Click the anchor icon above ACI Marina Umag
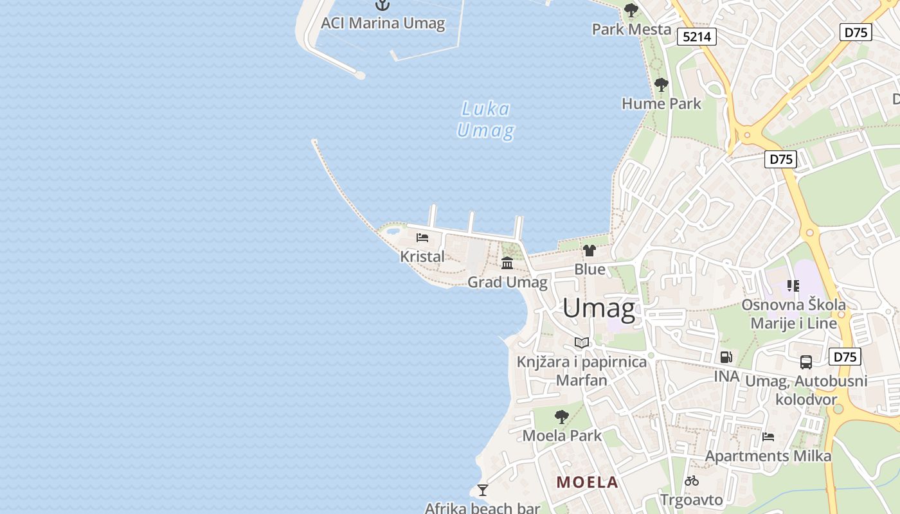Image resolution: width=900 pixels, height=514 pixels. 382,5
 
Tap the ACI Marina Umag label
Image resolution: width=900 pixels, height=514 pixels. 382,24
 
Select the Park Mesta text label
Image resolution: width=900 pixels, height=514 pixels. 631,30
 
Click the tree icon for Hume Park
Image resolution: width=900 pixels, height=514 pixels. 661,85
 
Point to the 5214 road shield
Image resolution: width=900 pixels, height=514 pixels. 697,37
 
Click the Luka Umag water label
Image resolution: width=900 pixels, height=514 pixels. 485,120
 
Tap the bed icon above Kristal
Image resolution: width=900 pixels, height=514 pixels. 422,238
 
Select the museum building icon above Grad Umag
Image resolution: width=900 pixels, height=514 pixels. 507,263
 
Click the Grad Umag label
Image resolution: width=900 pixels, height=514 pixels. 507,282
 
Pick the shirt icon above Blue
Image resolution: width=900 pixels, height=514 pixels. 589,251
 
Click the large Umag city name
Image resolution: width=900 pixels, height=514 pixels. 599,309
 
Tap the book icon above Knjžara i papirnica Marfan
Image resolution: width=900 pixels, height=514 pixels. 582,342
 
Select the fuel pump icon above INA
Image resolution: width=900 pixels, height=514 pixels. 726,357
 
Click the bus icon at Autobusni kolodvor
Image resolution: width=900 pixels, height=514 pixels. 806,362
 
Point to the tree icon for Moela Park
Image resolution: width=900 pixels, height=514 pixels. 562,416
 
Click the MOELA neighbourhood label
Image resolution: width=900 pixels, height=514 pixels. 587,482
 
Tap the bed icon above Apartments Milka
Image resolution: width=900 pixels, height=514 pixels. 768,437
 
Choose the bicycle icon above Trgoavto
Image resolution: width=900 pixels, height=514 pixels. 692,481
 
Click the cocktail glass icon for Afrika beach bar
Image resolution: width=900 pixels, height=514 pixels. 483,490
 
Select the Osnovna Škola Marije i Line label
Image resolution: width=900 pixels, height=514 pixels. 794,314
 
